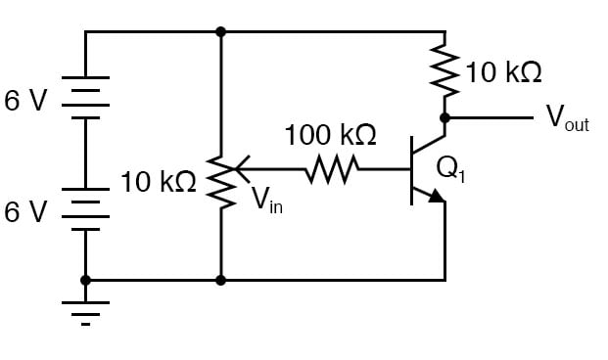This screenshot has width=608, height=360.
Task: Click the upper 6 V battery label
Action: coord(26,102)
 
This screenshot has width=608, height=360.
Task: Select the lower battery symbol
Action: coord(86,208)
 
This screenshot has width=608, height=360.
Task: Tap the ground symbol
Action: coord(86,311)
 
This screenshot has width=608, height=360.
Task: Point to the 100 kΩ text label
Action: coord(330,135)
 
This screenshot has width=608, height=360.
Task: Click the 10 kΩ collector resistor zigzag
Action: coord(444,73)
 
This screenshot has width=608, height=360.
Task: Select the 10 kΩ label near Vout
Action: coord(503,72)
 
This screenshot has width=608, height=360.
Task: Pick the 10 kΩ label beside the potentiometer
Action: coord(159,182)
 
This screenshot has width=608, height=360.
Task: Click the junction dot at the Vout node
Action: coord(444,117)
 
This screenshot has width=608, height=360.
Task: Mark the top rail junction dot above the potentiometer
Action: coord(221,31)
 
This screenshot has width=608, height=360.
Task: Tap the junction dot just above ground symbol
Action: coord(86,280)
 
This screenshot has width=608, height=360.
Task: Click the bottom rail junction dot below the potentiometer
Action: coord(221,280)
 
